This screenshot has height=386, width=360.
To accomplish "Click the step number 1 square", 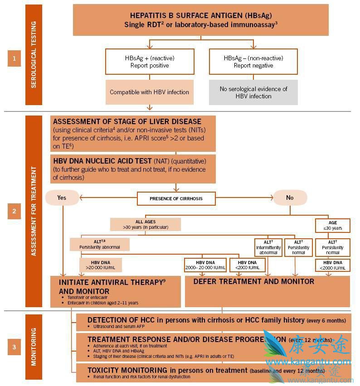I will [14, 58].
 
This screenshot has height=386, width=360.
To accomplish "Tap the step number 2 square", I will [14, 211].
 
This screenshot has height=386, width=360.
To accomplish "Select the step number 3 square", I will [14, 347].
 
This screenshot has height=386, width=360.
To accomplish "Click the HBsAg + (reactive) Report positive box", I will [150, 62].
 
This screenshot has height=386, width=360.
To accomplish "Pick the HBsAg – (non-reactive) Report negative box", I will [253, 62].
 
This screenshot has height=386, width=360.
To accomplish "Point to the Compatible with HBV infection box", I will [150, 92].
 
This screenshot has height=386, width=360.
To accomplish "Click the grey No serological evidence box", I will [253, 92].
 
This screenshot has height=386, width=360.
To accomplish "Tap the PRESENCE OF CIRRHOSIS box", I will [176, 198].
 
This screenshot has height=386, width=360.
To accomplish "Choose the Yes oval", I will [62, 198].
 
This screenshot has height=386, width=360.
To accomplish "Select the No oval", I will [290, 198].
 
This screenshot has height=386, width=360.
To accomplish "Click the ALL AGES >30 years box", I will [145, 224].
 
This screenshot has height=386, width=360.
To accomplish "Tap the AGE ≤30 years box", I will [333, 225].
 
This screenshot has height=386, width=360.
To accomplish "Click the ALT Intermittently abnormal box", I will [268, 247].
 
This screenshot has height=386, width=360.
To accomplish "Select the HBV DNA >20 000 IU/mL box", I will [100, 265].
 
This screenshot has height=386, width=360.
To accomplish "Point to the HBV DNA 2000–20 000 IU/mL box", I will [205, 265].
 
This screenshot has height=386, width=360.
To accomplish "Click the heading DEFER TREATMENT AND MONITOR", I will [253, 281].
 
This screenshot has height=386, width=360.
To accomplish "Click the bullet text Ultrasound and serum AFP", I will [119, 327].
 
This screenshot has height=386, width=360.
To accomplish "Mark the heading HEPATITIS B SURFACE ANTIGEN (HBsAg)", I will [200, 15].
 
